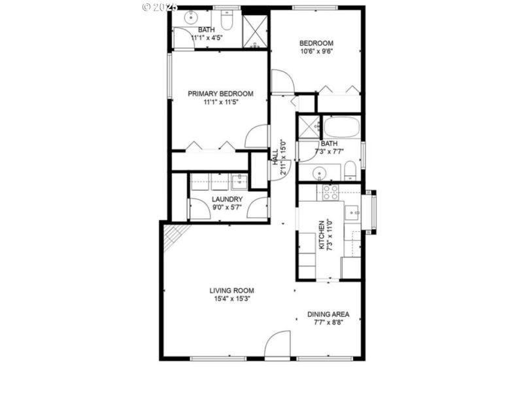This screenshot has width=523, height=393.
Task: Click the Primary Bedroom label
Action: pos(220,94)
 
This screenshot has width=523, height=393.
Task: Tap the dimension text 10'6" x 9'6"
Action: pos(316,53)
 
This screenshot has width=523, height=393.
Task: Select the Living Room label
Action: pos(231,290)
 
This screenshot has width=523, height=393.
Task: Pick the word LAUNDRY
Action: pos(228,199)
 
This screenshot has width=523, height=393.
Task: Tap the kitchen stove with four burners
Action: pos(329,192)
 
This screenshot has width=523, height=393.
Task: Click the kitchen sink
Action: pos(352,213)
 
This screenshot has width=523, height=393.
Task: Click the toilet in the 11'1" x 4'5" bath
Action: pos(227,22)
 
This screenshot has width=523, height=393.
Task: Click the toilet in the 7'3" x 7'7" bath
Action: pos(350,171)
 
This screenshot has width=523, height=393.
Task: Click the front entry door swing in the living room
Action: pos(279,343)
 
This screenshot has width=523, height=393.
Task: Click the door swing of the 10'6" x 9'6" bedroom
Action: pos(284,82)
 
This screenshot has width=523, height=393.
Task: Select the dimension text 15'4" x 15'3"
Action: pos(231,299)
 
